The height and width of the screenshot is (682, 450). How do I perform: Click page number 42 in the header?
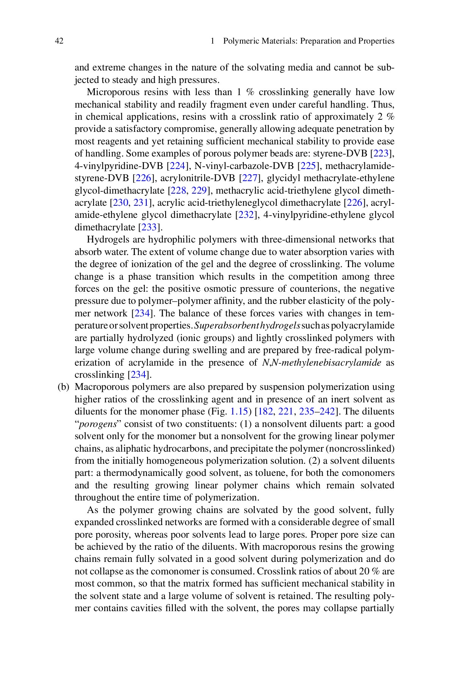59,41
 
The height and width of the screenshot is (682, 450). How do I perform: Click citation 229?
198,190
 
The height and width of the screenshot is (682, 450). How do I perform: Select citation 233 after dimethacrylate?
149,227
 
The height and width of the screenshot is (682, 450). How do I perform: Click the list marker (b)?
64,387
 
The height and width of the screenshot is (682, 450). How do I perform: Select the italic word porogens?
95,424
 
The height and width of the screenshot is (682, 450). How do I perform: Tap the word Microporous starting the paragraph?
110,92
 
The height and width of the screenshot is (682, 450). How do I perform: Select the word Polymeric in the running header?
241,41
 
